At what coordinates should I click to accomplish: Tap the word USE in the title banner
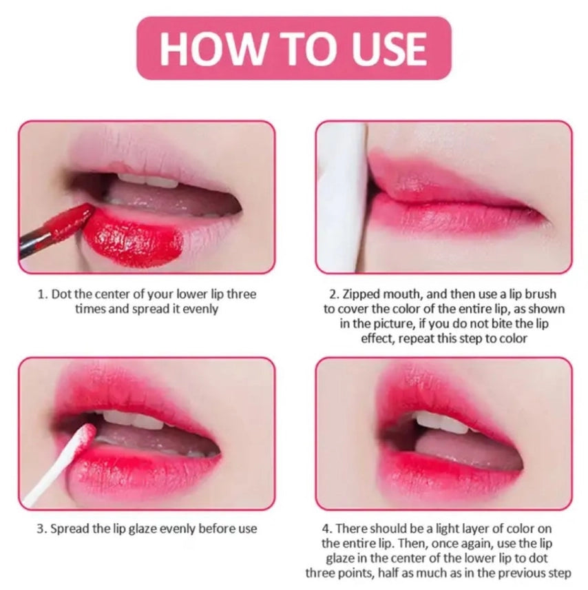pos(386,48)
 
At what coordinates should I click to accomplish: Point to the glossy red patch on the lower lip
pos(134,238)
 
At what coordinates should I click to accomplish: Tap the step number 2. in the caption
pos(336,294)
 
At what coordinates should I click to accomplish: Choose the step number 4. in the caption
pos(327,529)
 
